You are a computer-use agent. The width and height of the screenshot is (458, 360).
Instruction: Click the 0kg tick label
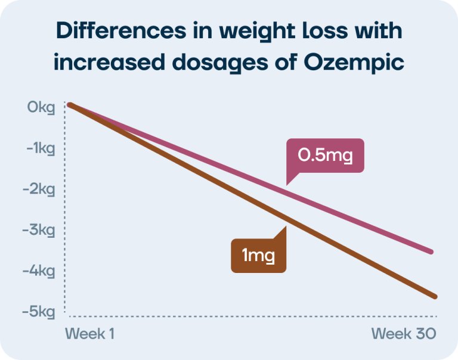click(41, 107)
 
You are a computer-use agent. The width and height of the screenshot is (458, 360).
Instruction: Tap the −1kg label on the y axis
click(41, 148)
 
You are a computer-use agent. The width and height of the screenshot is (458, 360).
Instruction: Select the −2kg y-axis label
click(39, 190)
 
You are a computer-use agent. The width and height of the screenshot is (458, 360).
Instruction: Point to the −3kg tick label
click(39, 231)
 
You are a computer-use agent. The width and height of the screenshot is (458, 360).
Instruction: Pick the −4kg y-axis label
click(39, 271)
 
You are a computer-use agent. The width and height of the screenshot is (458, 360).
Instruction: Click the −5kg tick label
click(39, 312)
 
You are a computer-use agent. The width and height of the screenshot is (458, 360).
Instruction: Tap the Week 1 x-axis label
click(89, 333)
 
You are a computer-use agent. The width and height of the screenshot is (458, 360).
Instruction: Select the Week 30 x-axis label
click(404, 333)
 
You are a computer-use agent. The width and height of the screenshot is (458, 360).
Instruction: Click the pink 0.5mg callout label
click(325, 156)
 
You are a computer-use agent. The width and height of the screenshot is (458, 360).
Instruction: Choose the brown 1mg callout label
click(258, 256)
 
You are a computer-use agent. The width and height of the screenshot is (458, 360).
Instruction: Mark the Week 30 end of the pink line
click(431, 252)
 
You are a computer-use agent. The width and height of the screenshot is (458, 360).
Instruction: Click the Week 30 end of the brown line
click(435, 297)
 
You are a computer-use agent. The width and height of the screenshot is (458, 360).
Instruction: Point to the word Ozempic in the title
click(354, 63)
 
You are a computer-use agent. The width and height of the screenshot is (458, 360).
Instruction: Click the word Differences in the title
click(121, 30)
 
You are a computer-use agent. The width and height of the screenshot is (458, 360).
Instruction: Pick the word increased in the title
click(110, 62)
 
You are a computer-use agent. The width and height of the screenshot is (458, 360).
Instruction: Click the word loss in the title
click(325, 30)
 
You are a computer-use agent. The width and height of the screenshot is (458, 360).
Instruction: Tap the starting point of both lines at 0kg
click(70, 104)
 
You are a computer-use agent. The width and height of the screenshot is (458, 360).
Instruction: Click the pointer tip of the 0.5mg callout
click(286, 185)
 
